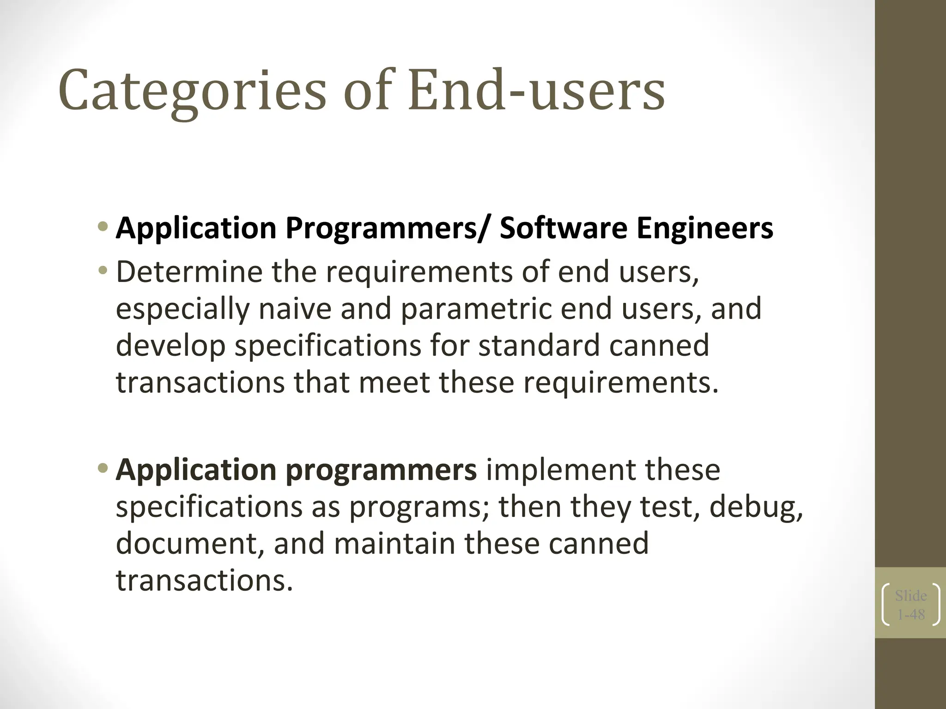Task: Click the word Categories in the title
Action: coord(192,90)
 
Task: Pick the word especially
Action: coord(182,309)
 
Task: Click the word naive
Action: coord(295,309)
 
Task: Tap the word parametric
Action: coord(476,309)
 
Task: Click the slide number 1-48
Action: coord(911,615)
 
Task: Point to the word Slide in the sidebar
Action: coord(911,596)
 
